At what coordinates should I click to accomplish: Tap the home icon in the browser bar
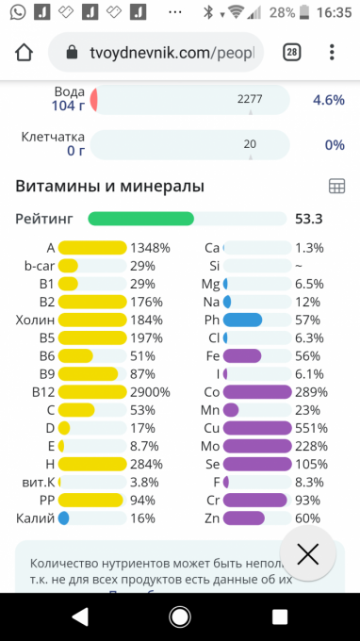(24, 53)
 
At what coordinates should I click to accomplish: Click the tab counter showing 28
(292, 53)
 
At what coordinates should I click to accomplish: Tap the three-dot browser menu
(332, 53)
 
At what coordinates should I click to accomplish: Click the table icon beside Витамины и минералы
(337, 187)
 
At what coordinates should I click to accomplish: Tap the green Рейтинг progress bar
(141, 219)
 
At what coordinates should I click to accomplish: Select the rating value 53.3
(309, 219)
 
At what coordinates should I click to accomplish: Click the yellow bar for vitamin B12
(92, 392)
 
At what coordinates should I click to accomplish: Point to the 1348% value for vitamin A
(151, 248)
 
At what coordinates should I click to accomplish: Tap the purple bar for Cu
(257, 428)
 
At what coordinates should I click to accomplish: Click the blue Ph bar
(242, 320)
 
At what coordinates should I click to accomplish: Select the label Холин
(35, 320)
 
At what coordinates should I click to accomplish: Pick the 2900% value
(151, 392)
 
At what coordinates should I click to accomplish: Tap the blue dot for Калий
(63, 518)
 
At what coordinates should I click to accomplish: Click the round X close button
(308, 554)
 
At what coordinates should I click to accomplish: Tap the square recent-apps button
(280, 617)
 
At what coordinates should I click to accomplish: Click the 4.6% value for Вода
(329, 100)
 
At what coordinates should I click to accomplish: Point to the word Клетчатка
(53, 137)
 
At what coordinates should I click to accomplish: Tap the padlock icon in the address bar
(72, 53)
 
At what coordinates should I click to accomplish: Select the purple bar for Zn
(244, 518)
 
